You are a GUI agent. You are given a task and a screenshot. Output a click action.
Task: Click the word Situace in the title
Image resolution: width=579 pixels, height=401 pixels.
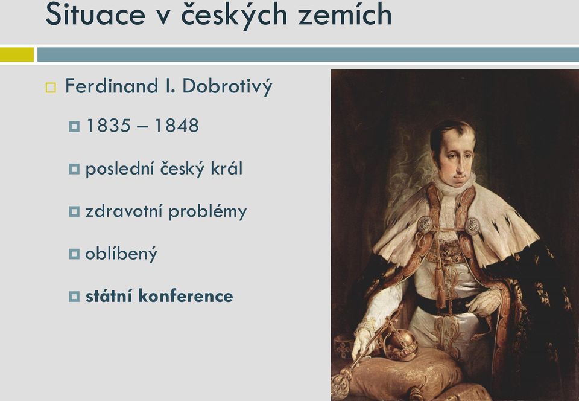point(95,14)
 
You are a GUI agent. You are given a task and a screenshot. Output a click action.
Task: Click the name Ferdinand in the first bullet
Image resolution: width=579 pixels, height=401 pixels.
point(111,86)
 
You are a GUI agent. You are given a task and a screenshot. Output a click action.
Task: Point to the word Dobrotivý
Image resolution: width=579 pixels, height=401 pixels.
point(227,86)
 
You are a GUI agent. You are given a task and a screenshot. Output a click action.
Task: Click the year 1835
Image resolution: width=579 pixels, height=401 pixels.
point(109,126)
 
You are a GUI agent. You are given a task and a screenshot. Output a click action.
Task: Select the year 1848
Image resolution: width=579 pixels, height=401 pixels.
point(177,126)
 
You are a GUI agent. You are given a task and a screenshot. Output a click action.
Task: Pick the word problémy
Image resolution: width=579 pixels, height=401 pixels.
point(207,212)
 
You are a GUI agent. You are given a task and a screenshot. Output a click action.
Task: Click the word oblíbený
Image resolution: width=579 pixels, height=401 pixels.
point(121,254)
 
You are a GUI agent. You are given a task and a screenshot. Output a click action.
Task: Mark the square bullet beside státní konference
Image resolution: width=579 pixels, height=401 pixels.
point(74,297)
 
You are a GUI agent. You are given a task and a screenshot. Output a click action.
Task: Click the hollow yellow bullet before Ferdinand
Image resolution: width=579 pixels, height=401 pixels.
point(51,88)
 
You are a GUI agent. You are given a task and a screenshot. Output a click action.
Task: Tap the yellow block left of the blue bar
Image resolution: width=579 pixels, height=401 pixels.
point(17,55)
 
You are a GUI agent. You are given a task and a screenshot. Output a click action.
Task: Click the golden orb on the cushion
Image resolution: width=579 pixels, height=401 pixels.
point(400,342)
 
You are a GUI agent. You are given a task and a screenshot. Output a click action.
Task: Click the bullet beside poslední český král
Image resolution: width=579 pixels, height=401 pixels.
point(74,169)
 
